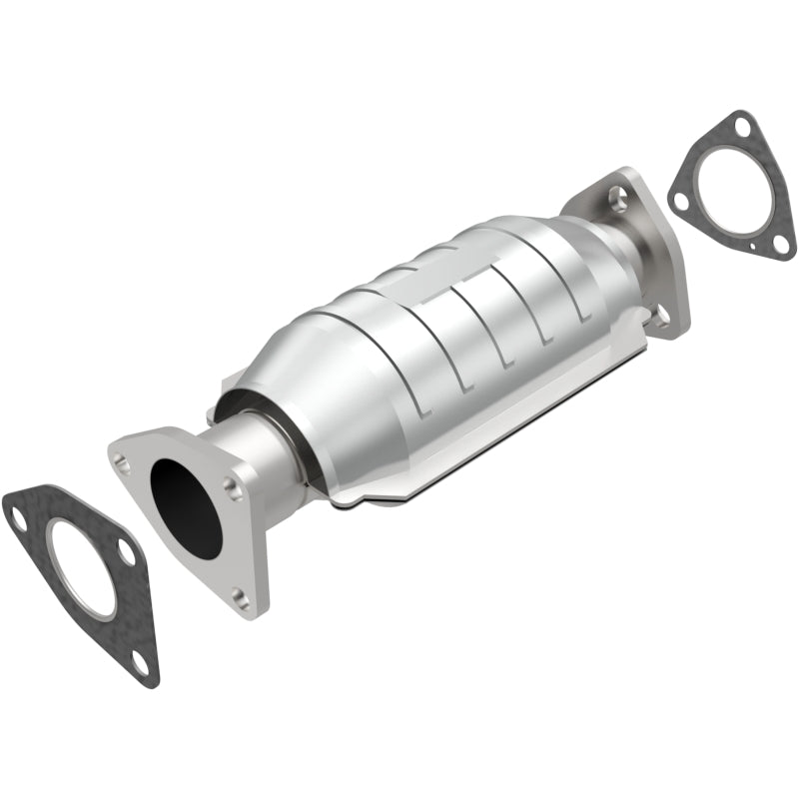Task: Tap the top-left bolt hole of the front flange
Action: click(x=123, y=461)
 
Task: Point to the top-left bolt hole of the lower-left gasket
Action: click(x=18, y=517)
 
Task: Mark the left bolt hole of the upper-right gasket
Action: click(x=679, y=199)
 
